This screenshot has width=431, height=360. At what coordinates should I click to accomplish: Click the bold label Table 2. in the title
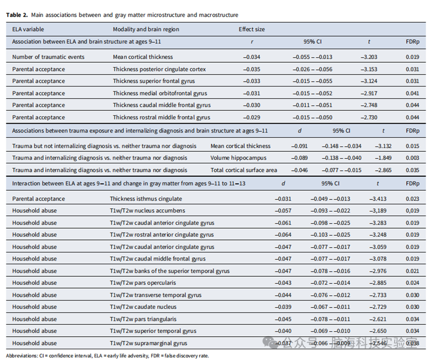click(x=17, y=15)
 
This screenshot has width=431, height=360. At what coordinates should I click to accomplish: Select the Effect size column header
click(x=252, y=29)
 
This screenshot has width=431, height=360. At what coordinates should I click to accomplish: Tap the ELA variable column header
click(x=28, y=29)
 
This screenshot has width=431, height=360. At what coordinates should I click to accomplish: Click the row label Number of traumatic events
click(x=48, y=57)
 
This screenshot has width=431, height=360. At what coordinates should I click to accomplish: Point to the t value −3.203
click(x=369, y=57)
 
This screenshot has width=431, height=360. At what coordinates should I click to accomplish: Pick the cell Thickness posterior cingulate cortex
click(x=159, y=69)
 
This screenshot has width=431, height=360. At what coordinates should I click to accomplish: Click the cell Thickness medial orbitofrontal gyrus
click(x=160, y=93)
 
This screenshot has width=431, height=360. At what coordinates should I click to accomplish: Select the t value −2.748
click(x=369, y=105)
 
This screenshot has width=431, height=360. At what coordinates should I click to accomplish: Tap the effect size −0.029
click(x=252, y=117)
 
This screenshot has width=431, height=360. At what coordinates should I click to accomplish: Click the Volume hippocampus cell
click(x=238, y=158)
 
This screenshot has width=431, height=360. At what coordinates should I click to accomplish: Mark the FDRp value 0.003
click(x=412, y=158)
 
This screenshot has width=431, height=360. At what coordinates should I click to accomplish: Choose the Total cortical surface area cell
click(x=244, y=170)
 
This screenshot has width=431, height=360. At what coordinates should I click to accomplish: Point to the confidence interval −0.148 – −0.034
click(x=341, y=146)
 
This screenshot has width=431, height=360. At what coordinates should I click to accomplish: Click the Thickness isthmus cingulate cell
click(x=146, y=198)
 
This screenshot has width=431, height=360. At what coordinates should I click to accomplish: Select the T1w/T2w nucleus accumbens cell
click(x=147, y=211)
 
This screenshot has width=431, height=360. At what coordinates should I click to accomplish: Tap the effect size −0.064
click(x=283, y=235)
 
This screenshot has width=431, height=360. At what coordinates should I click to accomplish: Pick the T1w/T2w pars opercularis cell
click(x=143, y=283)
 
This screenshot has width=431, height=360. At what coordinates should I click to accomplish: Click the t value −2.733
click(x=378, y=295)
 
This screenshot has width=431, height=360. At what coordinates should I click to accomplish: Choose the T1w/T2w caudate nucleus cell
click(x=143, y=306)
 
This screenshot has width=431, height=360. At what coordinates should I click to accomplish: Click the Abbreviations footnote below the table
click(x=107, y=356)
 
